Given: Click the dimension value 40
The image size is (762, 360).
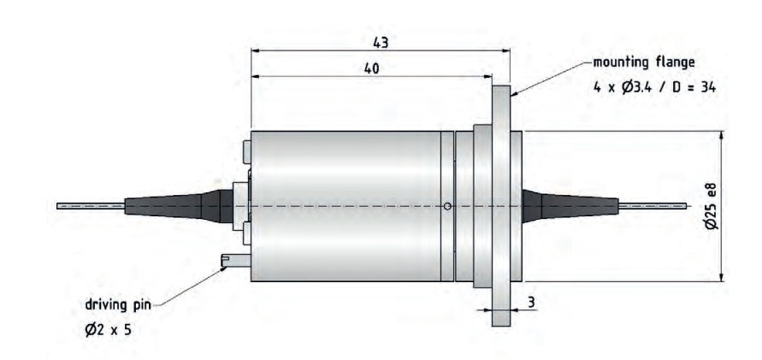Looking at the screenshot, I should pyautogui.click(x=371, y=68).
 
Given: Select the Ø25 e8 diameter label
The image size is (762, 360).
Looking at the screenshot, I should pyautogui.click(x=712, y=204).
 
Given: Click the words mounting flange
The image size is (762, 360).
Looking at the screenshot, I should pyautogui.click(x=644, y=62).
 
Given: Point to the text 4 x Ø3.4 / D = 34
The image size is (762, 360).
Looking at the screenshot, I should pyautogui.click(x=647, y=87).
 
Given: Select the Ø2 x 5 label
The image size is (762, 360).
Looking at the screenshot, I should pyautogui.click(x=106, y=329).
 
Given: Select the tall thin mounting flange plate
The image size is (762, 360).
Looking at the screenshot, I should pyautogui.click(x=501, y=205).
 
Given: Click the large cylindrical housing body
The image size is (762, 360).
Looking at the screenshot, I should pyautogui.click(x=342, y=205).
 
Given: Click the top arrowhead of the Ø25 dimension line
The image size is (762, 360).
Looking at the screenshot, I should pyautogui.click(x=723, y=135).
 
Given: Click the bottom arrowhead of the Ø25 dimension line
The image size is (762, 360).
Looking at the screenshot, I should pyautogui.click(x=723, y=276).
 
